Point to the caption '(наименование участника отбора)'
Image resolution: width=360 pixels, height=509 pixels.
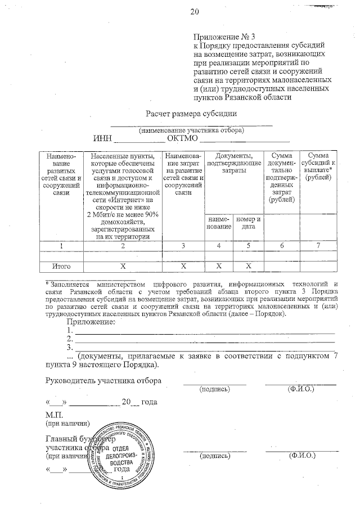pos(191,130)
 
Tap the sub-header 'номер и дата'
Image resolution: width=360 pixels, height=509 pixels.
pos(248,223)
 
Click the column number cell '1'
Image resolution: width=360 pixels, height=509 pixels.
pos(61,246)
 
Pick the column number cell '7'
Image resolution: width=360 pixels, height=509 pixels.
pos(318,246)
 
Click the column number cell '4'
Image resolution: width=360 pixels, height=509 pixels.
pos(219,246)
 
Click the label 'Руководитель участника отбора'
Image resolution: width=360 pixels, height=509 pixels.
pos(103,381)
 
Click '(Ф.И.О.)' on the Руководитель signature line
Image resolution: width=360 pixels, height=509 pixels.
pos(300,389)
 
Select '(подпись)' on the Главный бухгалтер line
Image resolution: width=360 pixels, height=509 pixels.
pos(214,456)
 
